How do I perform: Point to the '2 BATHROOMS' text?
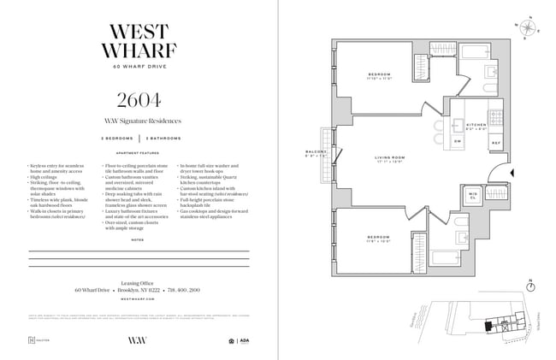162,137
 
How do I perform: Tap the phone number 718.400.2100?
182,290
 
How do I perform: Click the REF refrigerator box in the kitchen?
495,142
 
